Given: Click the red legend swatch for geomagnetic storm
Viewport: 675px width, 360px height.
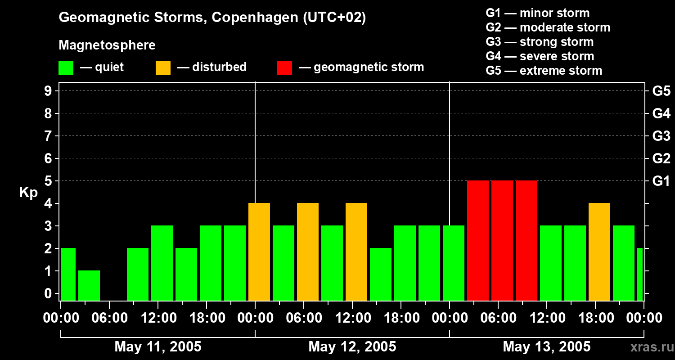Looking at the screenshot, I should (285, 67).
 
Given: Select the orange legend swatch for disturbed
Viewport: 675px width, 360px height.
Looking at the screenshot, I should (163, 67).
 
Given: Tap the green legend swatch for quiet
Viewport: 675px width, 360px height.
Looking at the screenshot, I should (66, 67).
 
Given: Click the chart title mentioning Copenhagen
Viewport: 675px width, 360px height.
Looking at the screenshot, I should (212, 18).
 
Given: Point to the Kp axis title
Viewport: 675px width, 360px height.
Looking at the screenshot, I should (28, 192).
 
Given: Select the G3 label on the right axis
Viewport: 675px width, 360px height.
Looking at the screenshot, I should (661, 136).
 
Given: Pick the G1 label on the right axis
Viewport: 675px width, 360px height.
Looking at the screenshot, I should (661, 181).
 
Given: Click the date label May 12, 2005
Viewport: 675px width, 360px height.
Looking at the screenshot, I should (352, 346).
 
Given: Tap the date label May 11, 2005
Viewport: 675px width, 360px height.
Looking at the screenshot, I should (158, 346).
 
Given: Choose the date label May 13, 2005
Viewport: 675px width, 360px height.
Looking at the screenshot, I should (546, 346).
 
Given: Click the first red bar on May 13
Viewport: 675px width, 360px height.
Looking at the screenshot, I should (478, 240).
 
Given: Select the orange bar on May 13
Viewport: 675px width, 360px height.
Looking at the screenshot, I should (599, 252).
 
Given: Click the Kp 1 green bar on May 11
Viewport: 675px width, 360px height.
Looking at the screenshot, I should (89, 285).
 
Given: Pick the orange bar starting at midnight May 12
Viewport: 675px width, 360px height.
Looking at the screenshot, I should (259, 252).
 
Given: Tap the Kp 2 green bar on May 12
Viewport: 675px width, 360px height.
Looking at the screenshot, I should (381, 274).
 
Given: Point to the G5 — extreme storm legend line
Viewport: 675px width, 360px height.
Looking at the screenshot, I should (544, 71).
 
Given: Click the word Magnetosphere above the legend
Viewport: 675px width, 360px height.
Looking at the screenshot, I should (107, 45).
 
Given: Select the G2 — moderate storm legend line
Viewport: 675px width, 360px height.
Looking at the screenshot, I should (548, 27).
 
